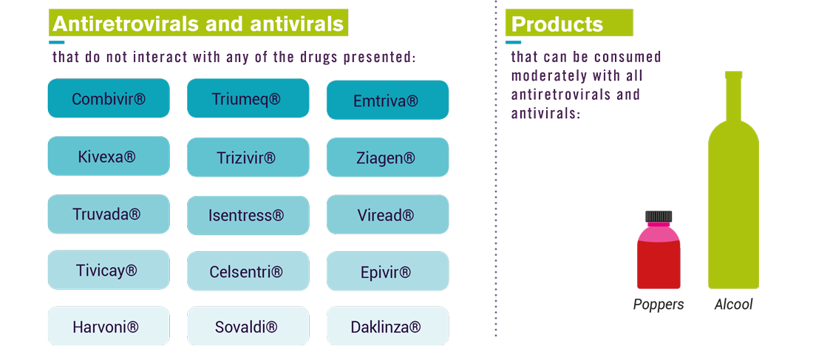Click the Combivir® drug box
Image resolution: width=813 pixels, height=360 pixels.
pyautogui.click(x=109, y=98)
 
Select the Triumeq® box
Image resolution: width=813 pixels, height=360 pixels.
pyautogui.click(x=248, y=98)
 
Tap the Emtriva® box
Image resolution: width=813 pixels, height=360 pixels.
pyautogui.click(x=387, y=100)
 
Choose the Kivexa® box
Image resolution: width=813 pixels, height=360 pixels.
pyautogui.click(x=109, y=156)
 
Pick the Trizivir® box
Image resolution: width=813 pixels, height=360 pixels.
pyautogui.click(x=248, y=157)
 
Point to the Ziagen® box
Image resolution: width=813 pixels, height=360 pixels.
pyautogui.click(x=387, y=157)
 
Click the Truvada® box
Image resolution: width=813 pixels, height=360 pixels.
pyautogui.click(x=109, y=214)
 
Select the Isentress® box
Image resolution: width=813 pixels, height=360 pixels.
pyautogui.click(x=248, y=215)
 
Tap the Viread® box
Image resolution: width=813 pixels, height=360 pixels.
pyautogui.click(x=387, y=214)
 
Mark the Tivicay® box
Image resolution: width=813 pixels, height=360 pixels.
pyautogui.click(x=109, y=270)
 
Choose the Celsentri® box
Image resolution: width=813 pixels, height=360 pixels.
pyautogui.click(x=248, y=271)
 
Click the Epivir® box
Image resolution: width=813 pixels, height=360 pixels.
pyautogui.click(x=387, y=271)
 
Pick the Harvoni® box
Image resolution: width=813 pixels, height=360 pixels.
pyautogui.click(x=109, y=326)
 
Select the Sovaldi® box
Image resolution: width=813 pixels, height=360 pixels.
pyautogui.click(x=248, y=326)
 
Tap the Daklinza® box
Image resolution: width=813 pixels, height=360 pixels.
pyautogui.click(x=387, y=326)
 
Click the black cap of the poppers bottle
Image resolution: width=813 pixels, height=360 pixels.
pyautogui.click(x=659, y=217)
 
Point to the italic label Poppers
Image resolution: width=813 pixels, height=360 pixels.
pyautogui.click(x=659, y=305)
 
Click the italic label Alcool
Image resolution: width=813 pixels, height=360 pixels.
pyautogui.click(x=733, y=305)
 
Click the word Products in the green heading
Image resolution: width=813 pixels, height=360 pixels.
pyautogui.click(x=557, y=24)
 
